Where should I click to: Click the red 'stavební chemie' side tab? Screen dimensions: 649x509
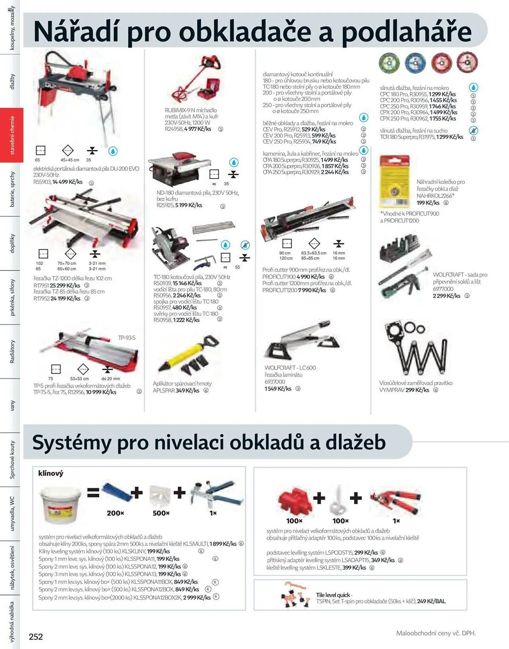click(x=12, y=135)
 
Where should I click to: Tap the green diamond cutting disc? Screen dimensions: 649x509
click(x=389, y=63)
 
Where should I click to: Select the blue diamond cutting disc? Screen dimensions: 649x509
click(x=415, y=63)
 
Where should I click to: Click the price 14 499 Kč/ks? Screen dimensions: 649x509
click(x=67, y=182)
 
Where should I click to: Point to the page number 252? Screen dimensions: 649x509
click(x=36, y=637)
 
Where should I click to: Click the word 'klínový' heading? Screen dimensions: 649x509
click(x=51, y=473)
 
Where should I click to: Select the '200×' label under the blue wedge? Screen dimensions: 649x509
click(x=115, y=513)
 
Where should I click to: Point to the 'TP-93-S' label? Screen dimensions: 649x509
click(x=127, y=338)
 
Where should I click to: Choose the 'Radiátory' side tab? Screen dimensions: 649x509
click(x=12, y=351)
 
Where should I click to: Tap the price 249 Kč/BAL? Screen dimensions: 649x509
click(x=431, y=601)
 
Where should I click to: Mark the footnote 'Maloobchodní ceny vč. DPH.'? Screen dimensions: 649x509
click(x=436, y=633)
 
